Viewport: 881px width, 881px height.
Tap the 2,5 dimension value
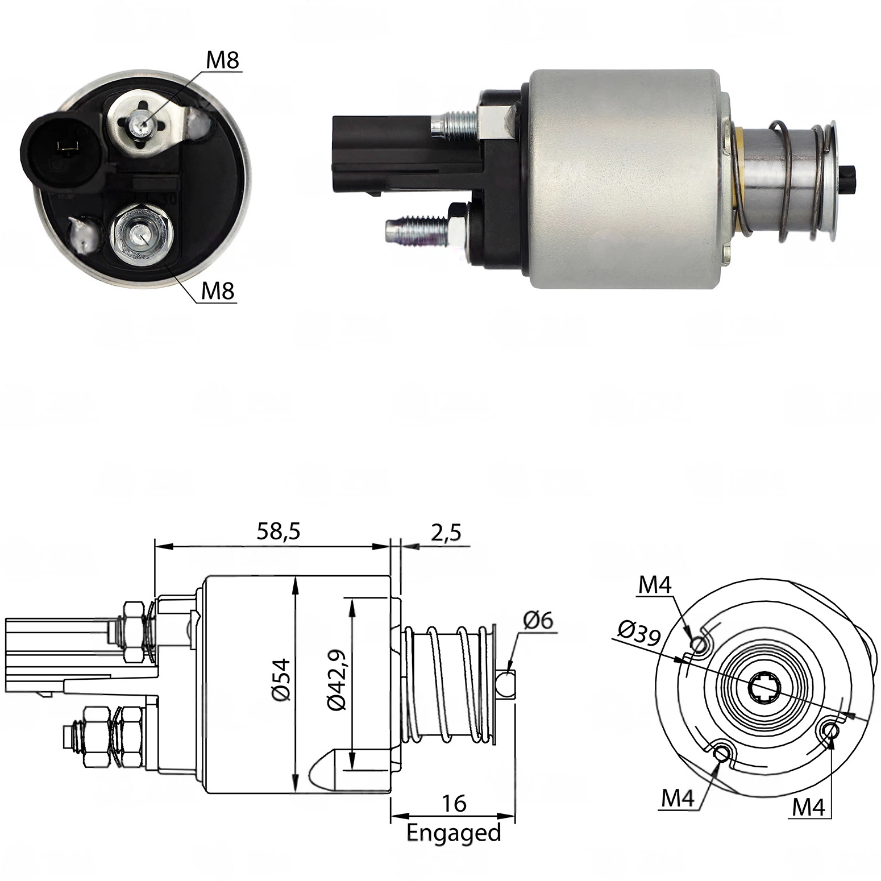point(446,533)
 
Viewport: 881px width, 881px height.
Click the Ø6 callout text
point(537,620)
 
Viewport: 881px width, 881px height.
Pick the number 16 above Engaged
point(454,804)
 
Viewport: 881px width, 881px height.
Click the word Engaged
point(454,833)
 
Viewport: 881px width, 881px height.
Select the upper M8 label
point(222,60)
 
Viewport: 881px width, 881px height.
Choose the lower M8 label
point(218,291)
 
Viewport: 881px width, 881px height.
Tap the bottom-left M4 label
point(678,799)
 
